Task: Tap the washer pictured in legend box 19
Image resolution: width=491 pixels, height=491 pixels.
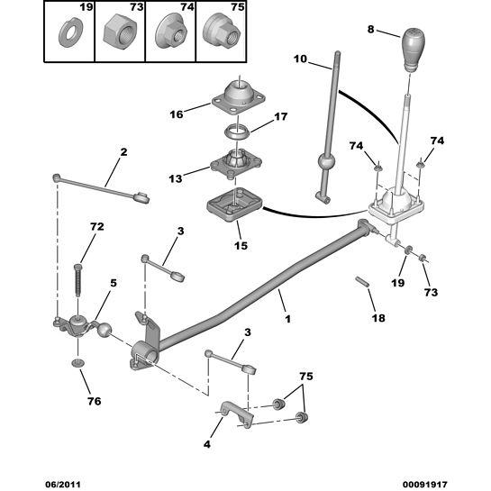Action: click(x=70, y=35)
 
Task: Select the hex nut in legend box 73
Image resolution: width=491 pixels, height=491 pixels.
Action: click(x=120, y=32)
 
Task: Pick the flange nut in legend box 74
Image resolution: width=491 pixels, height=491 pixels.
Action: click(x=171, y=32)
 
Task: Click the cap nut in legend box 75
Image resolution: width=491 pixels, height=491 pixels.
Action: click(x=222, y=32)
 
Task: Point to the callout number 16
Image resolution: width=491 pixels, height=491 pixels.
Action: click(x=176, y=114)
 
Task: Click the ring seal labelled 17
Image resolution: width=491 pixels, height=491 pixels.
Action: click(x=238, y=132)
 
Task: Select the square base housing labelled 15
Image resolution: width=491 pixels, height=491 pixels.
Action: click(x=235, y=204)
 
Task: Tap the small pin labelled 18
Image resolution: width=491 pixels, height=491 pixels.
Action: click(x=362, y=281)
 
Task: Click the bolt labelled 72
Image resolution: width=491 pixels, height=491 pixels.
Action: click(x=77, y=280)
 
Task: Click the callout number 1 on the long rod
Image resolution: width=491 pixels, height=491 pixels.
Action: click(x=287, y=319)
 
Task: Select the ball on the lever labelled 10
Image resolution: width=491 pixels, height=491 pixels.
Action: click(x=326, y=162)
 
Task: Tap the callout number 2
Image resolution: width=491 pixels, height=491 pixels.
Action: click(x=123, y=152)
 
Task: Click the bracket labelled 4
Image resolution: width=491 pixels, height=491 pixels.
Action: click(x=237, y=414)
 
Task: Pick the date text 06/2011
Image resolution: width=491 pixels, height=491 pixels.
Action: click(x=63, y=484)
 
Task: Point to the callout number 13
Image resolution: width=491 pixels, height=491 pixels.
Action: click(x=176, y=178)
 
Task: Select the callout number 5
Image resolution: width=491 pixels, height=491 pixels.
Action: click(x=113, y=283)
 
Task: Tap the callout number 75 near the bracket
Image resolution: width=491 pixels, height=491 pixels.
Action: click(x=306, y=376)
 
